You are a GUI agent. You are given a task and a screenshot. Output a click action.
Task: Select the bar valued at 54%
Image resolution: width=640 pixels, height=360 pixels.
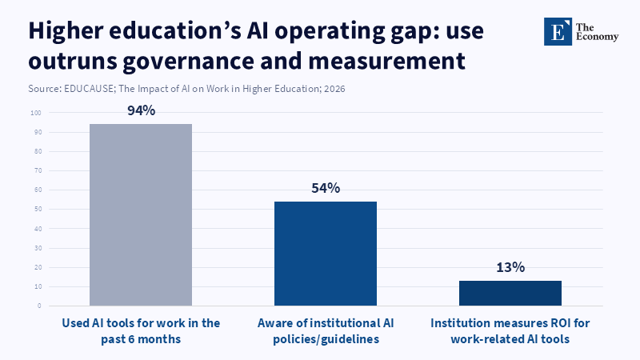click(x=326, y=253)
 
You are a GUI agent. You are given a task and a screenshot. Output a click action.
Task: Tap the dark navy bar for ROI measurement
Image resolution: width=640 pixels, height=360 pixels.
click(x=510, y=293)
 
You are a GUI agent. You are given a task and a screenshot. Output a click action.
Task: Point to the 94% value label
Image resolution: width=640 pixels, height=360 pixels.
click(x=141, y=111)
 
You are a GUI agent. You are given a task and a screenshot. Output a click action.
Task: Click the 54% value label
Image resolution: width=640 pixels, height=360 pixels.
click(x=326, y=188)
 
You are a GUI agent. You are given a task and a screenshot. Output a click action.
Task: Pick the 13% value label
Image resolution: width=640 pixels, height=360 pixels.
click(x=510, y=267)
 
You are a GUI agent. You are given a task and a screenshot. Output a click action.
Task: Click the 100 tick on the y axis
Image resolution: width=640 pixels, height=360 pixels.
click(x=36, y=113)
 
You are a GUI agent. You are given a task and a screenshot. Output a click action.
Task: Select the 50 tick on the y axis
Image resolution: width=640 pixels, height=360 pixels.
click(x=38, y=210)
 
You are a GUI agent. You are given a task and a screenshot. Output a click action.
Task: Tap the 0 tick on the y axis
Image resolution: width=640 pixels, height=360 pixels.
click(x=39, y=306)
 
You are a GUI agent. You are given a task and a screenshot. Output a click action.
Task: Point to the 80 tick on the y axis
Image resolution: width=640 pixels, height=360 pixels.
click(x=38, y=151)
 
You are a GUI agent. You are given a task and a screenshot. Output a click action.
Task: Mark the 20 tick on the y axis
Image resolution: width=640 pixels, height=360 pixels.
click(x=38, y=267)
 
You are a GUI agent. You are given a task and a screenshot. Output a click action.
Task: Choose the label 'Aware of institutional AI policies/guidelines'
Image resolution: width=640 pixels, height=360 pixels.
click(x=326, y=331)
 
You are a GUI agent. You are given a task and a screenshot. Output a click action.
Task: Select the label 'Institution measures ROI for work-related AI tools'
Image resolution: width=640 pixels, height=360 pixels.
click(x=510, y=331)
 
